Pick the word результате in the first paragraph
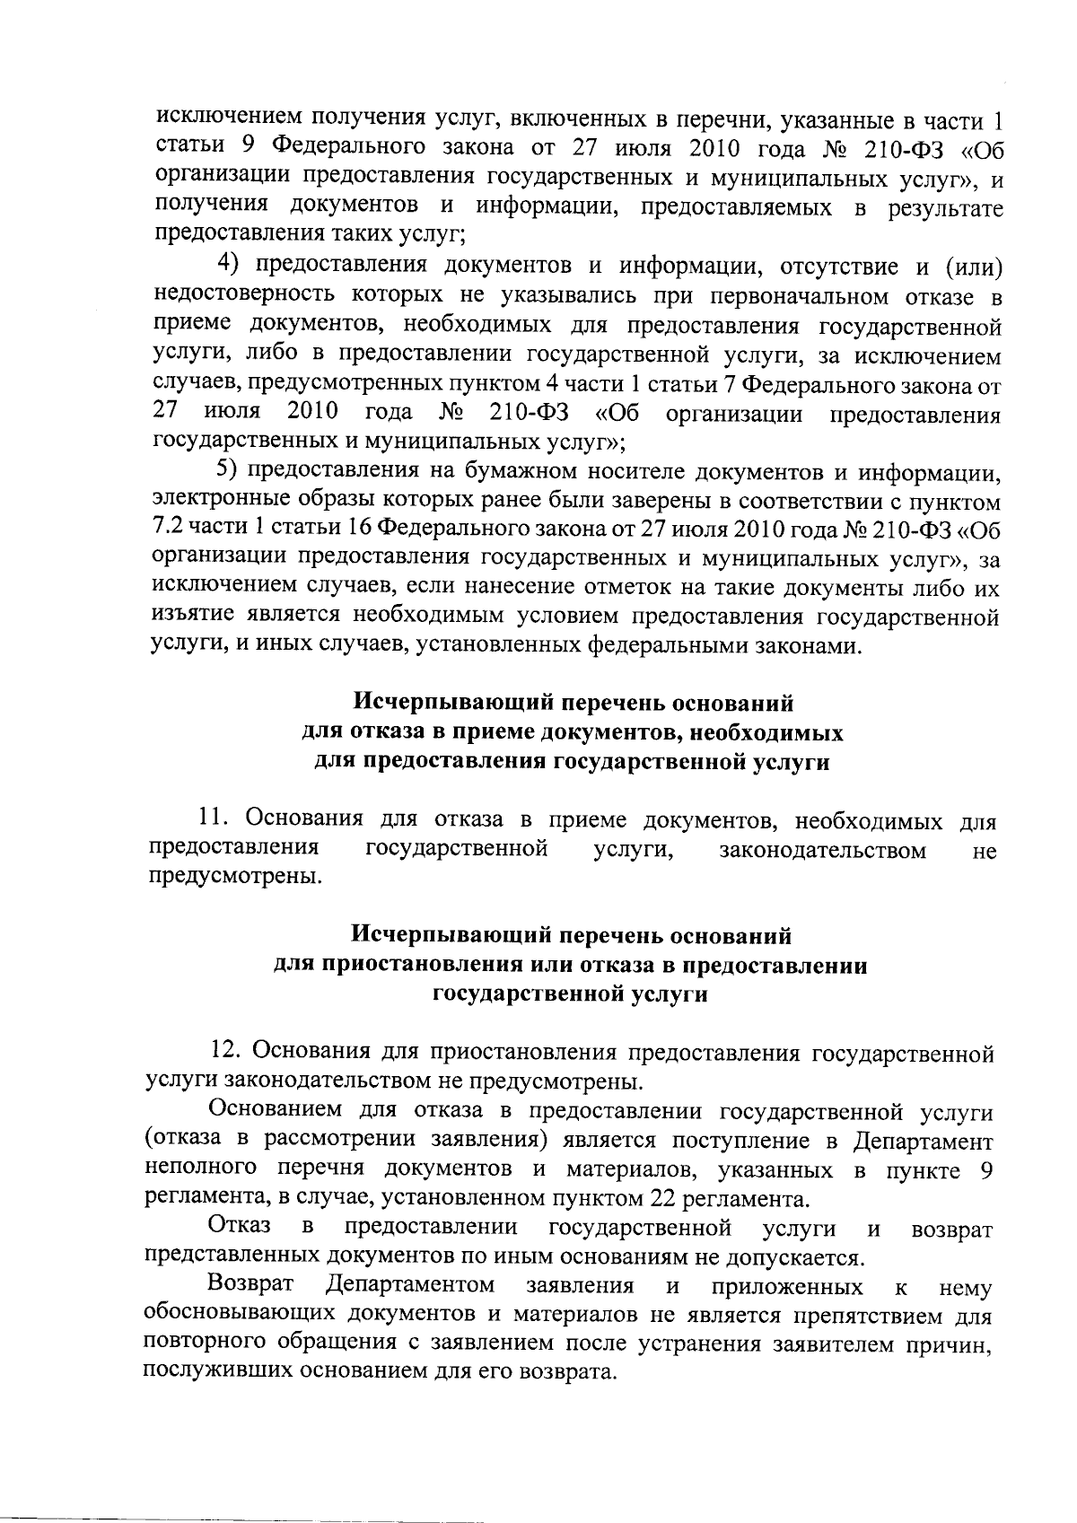tap(941, 209)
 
